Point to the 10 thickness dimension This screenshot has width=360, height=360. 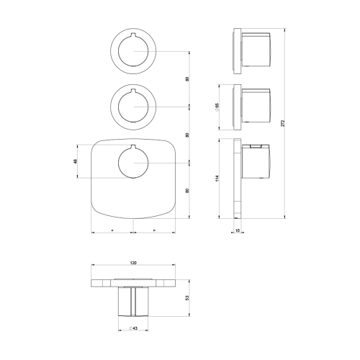238,230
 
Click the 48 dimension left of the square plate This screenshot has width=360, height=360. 75,161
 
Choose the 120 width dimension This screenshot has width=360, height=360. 133,263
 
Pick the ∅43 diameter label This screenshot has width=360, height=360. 133,329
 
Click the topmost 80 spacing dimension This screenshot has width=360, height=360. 186,78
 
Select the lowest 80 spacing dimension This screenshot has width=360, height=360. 186,190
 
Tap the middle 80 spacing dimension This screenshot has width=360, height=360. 186,135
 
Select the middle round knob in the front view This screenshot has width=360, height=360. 133,107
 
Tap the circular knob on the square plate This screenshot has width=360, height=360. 133,163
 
